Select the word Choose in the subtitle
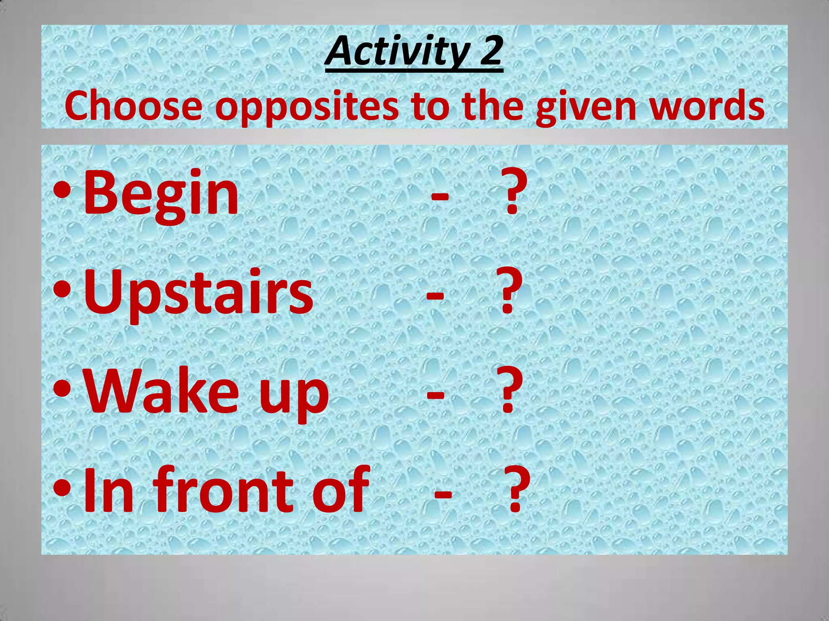pyautogui.click(x=133, y=106)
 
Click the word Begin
pyautogui.click(x=161, y=194)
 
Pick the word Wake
pyautogui.click(x=162, y=391)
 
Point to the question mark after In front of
pyautogui.click(x=517, y=489)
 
